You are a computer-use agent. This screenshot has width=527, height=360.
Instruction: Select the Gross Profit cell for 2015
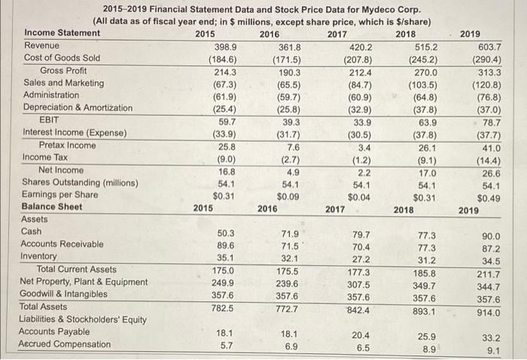pos(223,71)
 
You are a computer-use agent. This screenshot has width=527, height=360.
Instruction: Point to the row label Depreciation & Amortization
pos(78,108)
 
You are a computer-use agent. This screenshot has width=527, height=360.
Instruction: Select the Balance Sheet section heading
pos(53,206)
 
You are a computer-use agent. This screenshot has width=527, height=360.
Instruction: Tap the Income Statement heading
pos(62,33)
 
